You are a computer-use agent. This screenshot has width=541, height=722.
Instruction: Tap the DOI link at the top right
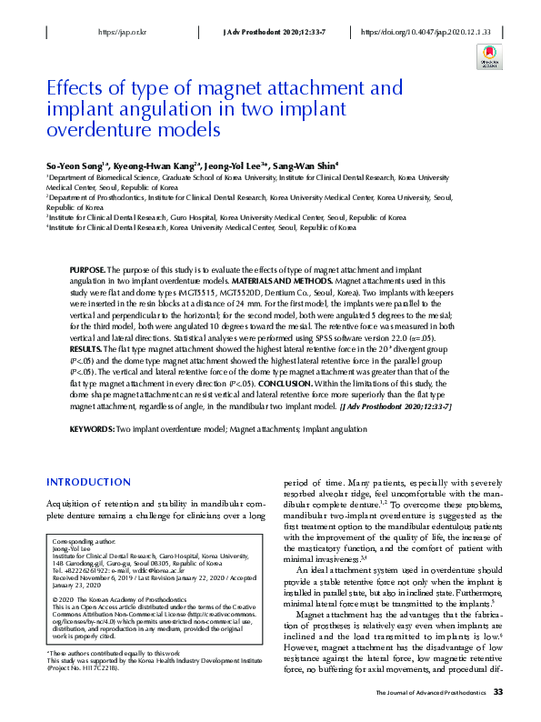pyautogui.click(x=426, y=32)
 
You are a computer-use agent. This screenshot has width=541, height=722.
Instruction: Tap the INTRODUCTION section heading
pyautogui.click(x=88, y=481)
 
